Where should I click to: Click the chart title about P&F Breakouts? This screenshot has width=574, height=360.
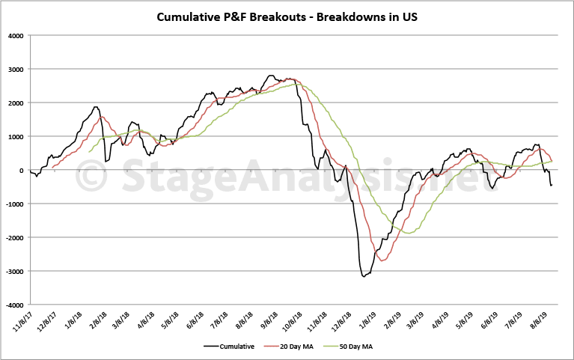tap(287, 16)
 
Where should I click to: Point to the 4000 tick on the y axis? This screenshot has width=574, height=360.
tap(15, 36)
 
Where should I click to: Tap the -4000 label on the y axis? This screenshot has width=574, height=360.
tap(13, 305)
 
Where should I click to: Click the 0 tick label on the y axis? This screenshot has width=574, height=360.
tap(22, 171)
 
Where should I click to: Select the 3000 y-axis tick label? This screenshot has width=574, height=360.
tap(15, 70)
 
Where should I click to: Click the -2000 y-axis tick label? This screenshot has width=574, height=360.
tap(13, 238)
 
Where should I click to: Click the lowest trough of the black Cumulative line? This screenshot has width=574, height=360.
tap(364, 277)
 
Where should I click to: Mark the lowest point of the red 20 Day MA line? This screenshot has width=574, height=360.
tap(384, 260)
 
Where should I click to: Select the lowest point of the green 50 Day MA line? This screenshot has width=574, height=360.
tap(409, 233)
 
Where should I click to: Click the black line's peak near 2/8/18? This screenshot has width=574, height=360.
tap(95, 107)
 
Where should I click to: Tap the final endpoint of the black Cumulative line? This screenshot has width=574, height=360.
tap(552, 186)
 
